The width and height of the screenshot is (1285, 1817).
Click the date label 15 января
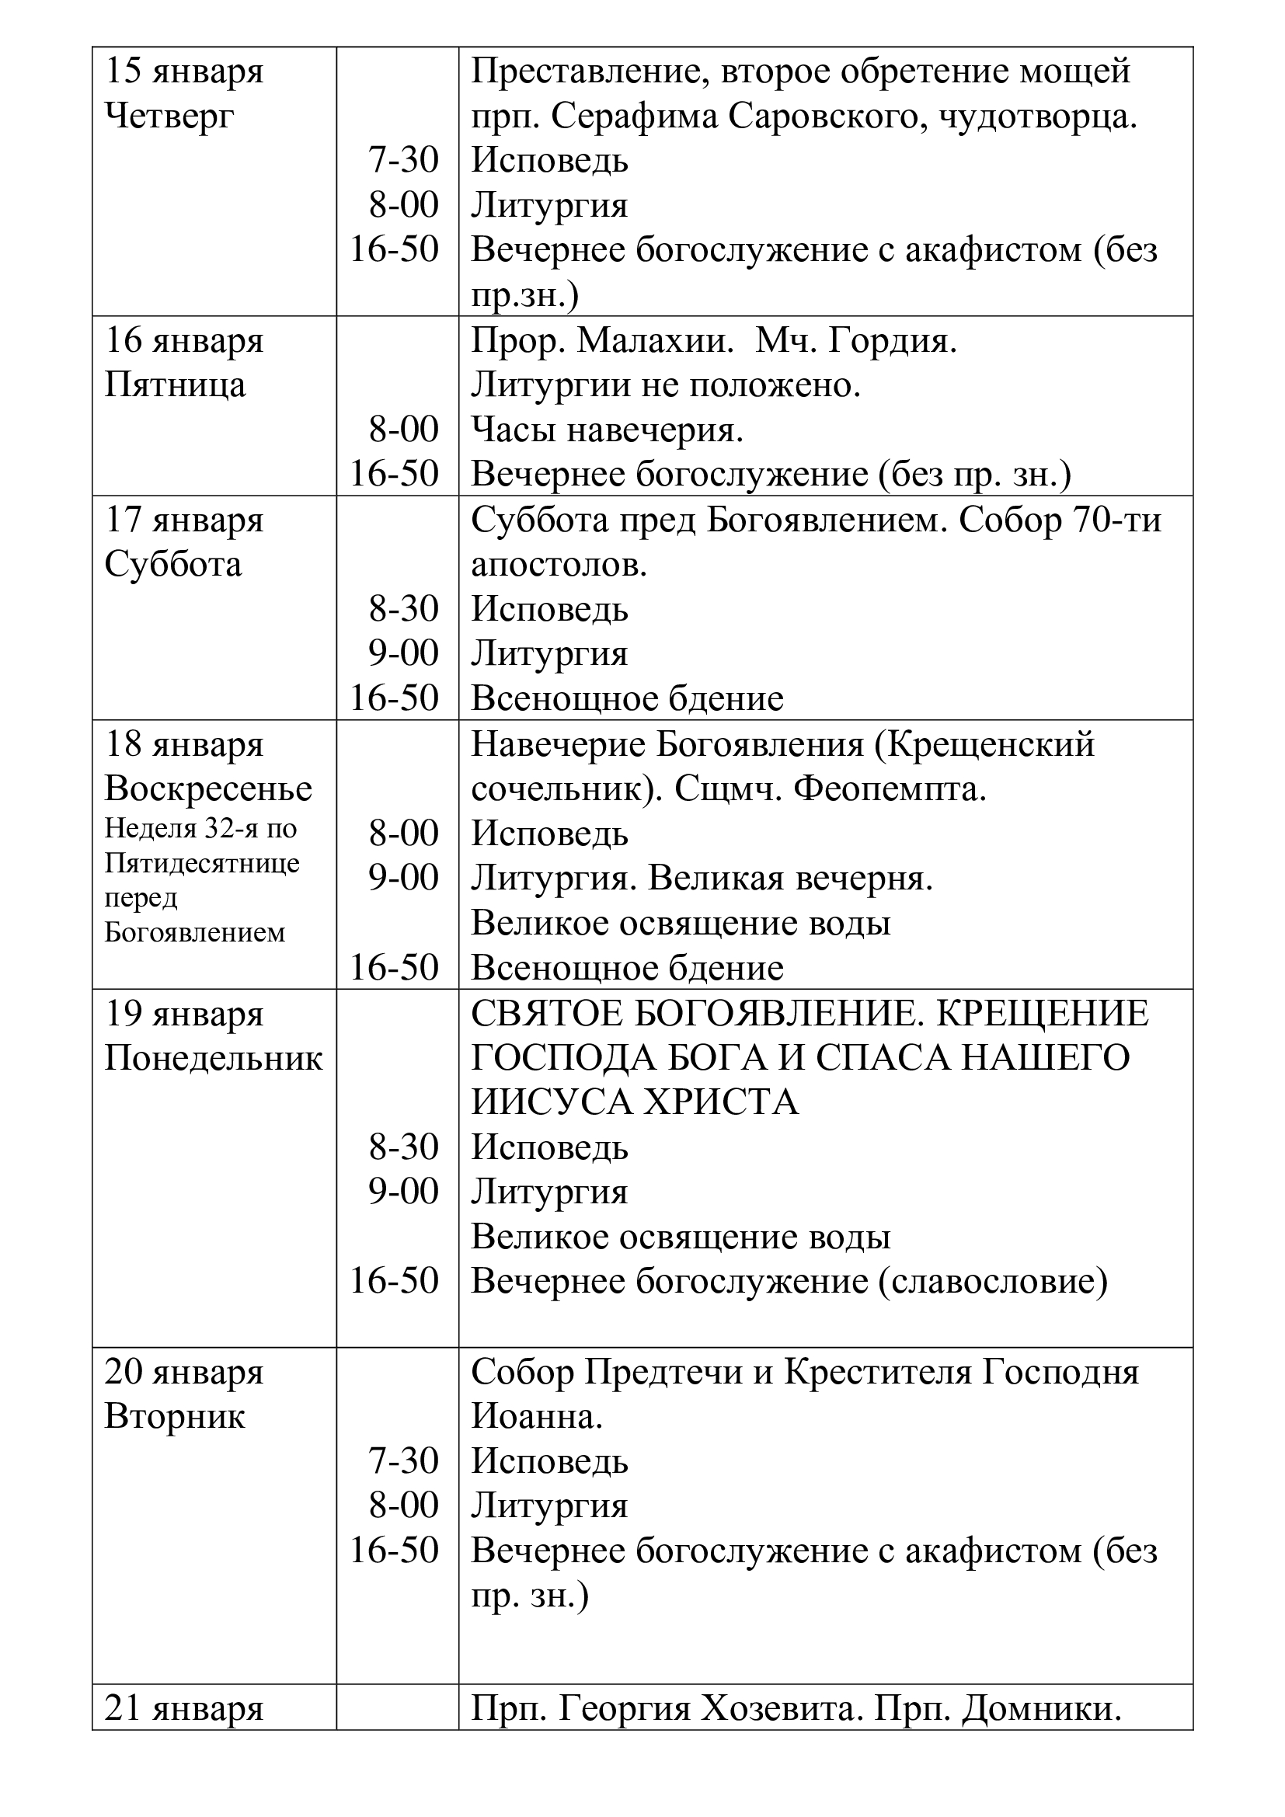point(183,72)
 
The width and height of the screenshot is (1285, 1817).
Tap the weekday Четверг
point(169,117)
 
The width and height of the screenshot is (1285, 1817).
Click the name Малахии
point(652,341)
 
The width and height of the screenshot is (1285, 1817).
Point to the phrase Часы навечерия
point(607,430)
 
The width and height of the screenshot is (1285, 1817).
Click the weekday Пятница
point(175,386)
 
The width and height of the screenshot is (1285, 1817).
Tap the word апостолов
point(559,565)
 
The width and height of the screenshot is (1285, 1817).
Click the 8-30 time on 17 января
point(402,609)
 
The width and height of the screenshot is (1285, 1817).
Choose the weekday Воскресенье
point(208,789)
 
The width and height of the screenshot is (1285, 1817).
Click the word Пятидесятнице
point(202,862)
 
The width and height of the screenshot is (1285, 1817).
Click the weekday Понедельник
point(214,1059)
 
